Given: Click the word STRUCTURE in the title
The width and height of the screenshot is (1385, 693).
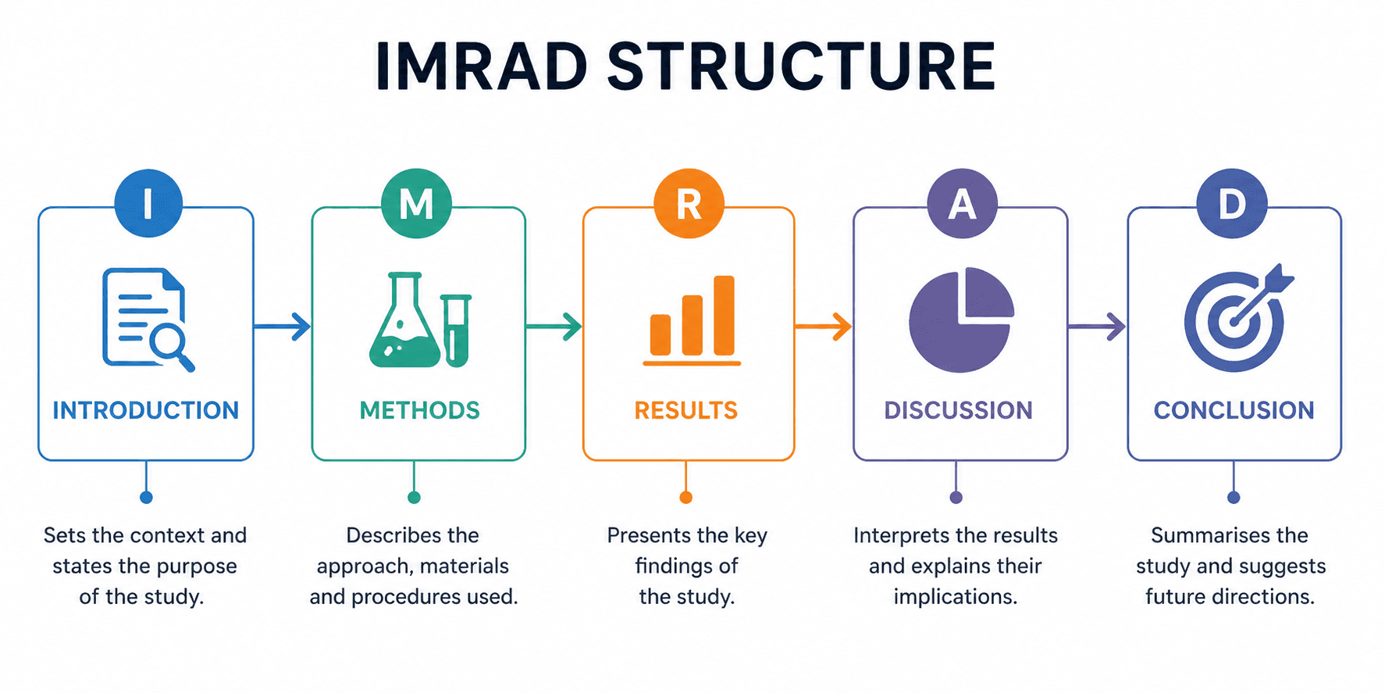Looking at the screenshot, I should point(801,66).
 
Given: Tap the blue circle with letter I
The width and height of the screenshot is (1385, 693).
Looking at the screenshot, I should point(148,203).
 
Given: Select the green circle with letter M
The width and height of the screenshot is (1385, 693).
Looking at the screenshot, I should point(416,203).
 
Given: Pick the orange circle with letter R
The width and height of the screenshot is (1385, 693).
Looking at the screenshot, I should point(689,203).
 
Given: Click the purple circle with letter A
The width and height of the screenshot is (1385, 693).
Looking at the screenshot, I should point(962,203).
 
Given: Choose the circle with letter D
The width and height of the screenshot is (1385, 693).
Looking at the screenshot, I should point(1232,203).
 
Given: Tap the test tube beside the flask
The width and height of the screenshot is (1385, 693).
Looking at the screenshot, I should point(456,330).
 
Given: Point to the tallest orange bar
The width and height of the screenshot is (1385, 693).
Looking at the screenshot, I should point(724,315).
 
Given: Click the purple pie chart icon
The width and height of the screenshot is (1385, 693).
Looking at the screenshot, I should point(960,320).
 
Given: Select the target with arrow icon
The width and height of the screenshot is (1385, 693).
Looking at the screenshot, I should point(1236,319).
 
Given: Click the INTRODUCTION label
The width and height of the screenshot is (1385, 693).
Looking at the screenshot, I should point(145,410).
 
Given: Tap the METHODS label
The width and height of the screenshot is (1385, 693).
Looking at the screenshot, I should point(419,410).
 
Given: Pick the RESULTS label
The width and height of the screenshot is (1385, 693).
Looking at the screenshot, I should point(685,410).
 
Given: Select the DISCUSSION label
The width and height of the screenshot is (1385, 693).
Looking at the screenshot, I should point(958,410).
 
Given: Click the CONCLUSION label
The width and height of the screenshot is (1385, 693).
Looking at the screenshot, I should point(1234,410).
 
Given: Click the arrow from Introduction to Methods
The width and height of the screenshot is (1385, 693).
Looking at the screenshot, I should point(283,326).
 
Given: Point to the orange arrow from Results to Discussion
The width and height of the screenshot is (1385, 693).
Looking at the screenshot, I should point(824,326).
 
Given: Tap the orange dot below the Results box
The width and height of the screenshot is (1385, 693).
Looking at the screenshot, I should point(685,497).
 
